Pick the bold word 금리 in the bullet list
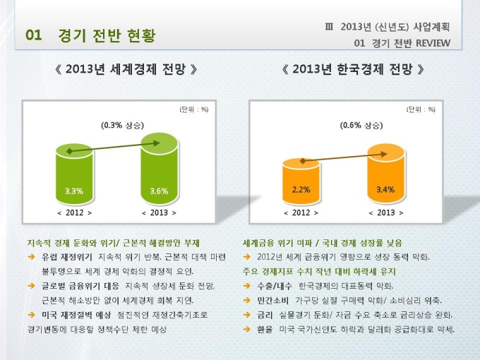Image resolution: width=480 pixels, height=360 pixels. tap(265, 314)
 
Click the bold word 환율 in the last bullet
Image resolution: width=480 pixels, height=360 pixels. tap(265, 329)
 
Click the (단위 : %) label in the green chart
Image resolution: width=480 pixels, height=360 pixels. tap(193, 109)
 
